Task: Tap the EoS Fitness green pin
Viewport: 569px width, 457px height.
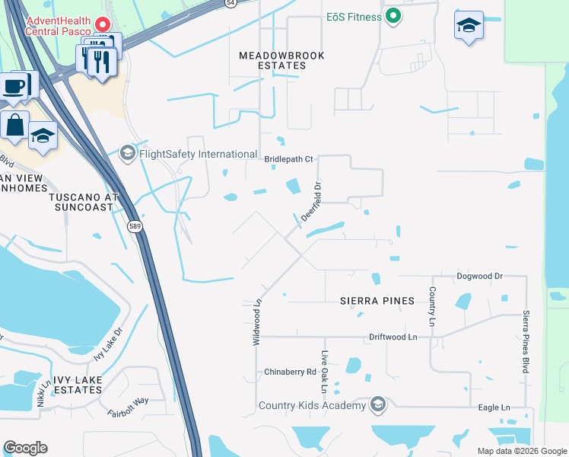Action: point(393,16)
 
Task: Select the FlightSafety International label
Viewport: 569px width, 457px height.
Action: point(197,154)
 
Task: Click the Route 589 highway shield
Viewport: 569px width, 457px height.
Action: point(135,227)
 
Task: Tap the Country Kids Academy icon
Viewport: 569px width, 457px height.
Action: point(377,404)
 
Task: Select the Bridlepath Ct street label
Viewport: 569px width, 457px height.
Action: point(288,159)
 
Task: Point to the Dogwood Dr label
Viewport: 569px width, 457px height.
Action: point(479,276)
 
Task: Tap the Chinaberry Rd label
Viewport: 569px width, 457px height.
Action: point(290,372)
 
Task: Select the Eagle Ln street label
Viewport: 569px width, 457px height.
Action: point(494,407)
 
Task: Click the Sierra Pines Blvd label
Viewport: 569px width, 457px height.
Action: point(526,341)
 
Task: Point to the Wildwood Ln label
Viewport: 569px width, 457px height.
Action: point(257,321)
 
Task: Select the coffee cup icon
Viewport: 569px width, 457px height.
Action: point(14,85)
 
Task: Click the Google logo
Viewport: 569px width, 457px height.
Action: point(25,448)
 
